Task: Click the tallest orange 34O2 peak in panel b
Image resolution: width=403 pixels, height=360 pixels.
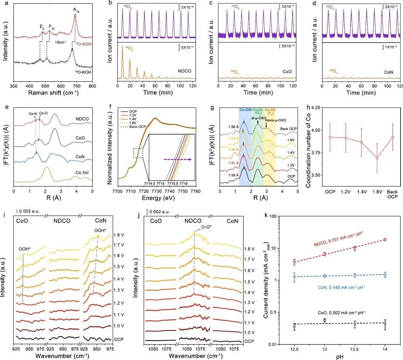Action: (124, 49)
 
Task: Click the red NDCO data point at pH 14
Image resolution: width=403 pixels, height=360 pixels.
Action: (385, 239)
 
